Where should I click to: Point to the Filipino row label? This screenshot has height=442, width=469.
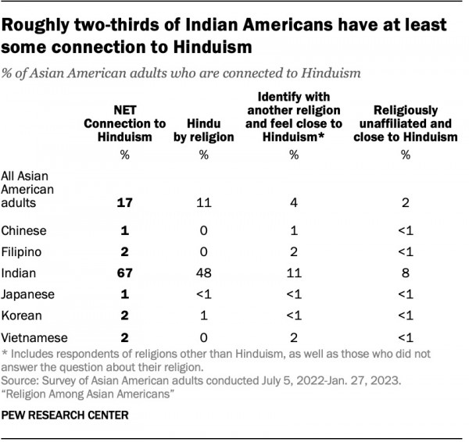point(23,253)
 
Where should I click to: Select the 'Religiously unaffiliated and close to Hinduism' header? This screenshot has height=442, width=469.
point(405,123)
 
